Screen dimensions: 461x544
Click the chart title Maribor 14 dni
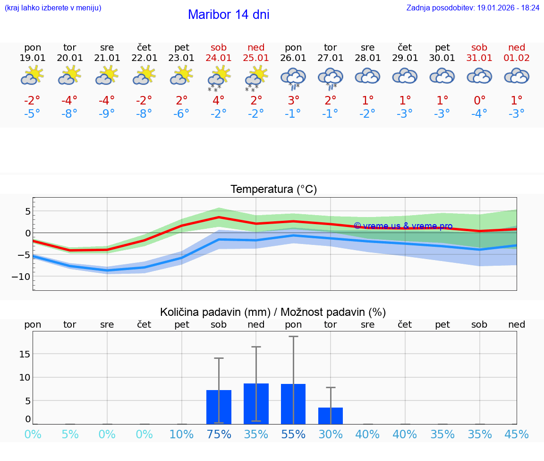(x=229, y=15)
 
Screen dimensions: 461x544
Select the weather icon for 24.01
(x=219, y=78)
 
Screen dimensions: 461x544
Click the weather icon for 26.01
(x=293, y=78)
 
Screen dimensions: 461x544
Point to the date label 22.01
(x=144, y=58)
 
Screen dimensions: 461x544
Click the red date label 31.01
(x=479, y=58)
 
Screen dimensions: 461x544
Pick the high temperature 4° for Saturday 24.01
(x=219, y=100)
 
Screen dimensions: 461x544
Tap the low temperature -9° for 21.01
(x=107, y=114)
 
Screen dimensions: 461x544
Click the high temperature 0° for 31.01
(x=479, y=100)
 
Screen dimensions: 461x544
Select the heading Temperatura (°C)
(x=273, y=190)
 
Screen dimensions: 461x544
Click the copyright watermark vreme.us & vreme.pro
(x=403, y=226)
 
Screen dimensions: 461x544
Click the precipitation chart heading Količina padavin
(x=273, y=312)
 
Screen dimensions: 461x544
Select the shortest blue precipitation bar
(x=331, y=416)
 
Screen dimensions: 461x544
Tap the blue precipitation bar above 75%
(x=219, y=407)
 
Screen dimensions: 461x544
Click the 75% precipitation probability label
(x=219, y=435)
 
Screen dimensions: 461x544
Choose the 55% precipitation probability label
(x=293, y=435)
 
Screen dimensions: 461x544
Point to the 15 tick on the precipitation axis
(x=25, y=354)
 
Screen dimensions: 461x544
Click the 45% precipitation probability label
(x=517, y=435)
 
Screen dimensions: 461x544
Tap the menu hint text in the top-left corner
(x=53, y=8)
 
